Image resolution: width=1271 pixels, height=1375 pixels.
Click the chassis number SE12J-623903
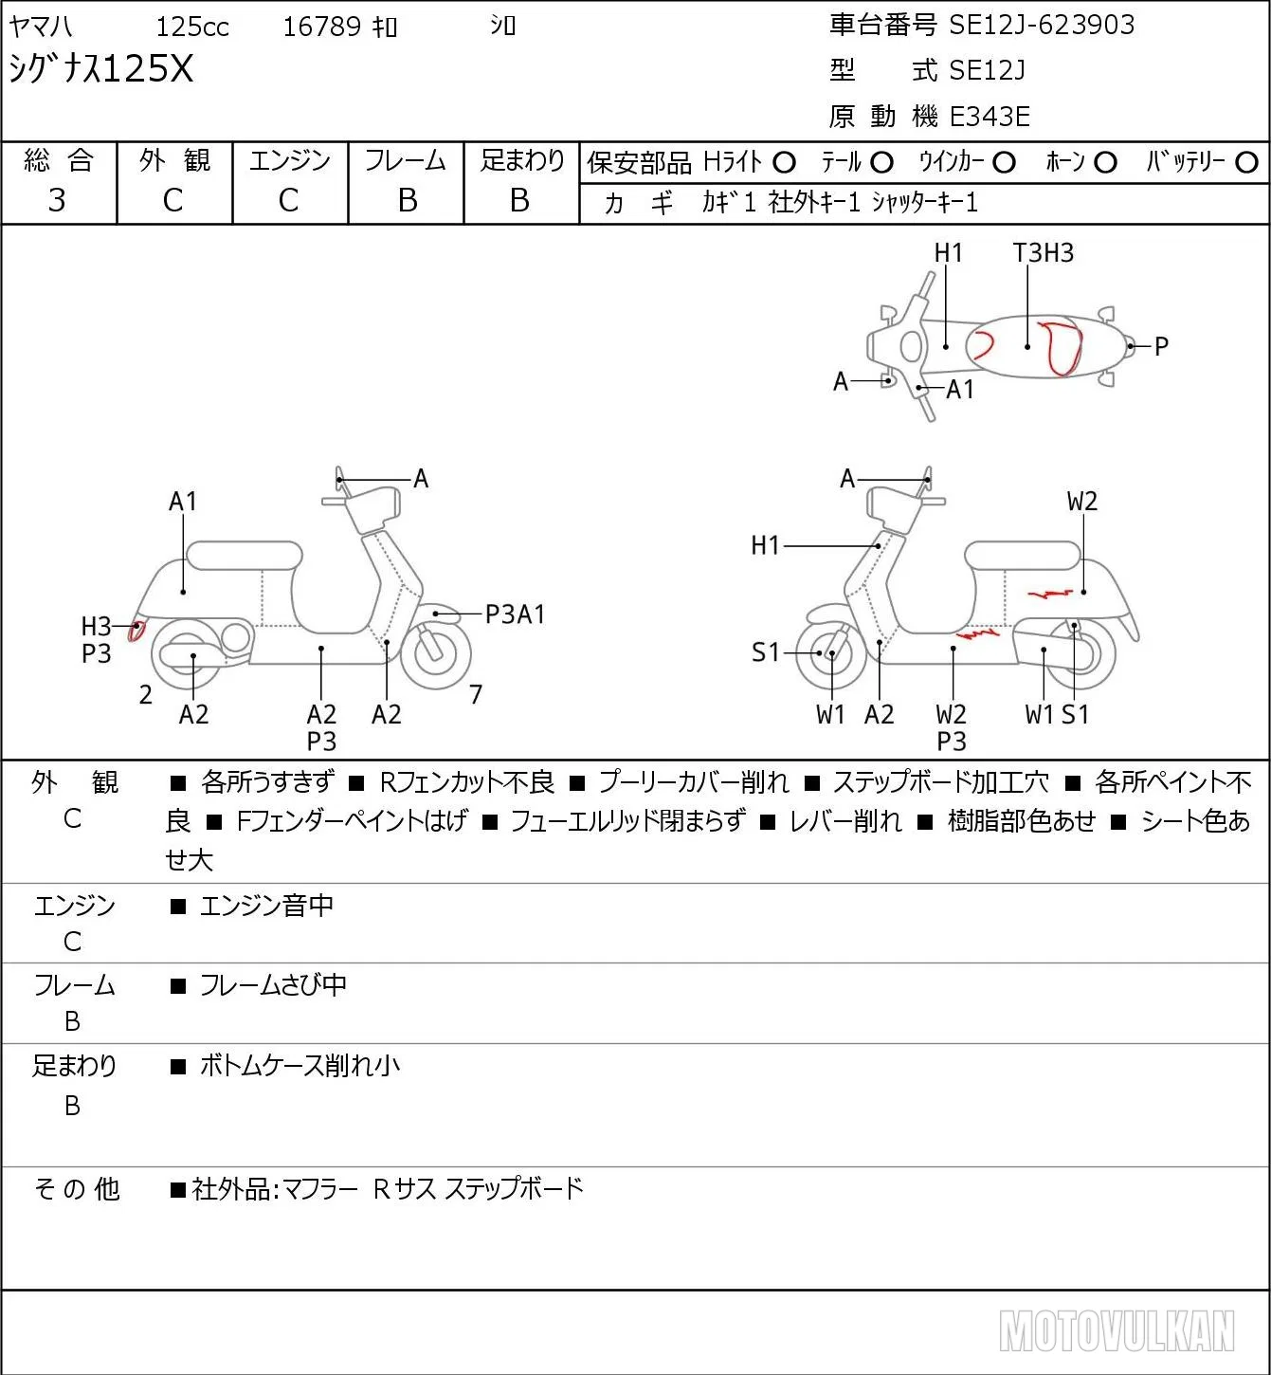[x=1042, y=25]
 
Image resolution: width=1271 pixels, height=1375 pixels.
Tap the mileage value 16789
[x=322, y=27]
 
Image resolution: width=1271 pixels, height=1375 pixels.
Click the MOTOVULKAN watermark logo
[x=1117, y=1330]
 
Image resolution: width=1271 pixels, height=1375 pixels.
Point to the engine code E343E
[x=990, y=117]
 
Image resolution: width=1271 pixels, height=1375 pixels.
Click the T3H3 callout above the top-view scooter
[x=1044, y=252]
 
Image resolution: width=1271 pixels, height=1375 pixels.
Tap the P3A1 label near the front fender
[x=515, y=614]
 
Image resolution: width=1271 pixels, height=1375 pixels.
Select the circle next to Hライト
[x=784, y=163]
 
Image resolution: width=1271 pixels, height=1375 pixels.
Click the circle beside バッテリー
[x=1246, y=163]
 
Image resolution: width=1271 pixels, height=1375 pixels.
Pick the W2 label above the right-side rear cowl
[x=1082, y=501]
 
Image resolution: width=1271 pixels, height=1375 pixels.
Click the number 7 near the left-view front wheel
[x=476, y=694]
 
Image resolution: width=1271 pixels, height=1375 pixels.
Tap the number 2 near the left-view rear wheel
[x=145, y=694]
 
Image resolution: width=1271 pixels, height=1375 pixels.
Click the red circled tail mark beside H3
[x=137, y=632]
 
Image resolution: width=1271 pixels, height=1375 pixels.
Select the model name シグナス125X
[x=101, y=68]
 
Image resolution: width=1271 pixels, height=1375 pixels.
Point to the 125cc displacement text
[x=192, y=27]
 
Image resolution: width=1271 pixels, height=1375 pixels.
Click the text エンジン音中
[x=266, y=906]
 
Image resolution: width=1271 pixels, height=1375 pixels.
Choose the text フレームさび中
[x=273, y=985]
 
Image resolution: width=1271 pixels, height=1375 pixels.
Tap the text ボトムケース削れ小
[x=300, y=1066]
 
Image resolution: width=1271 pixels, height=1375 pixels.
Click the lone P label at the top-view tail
[x=1162, y=345]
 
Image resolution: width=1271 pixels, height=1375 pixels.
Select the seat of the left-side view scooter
[x=245, y=556]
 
